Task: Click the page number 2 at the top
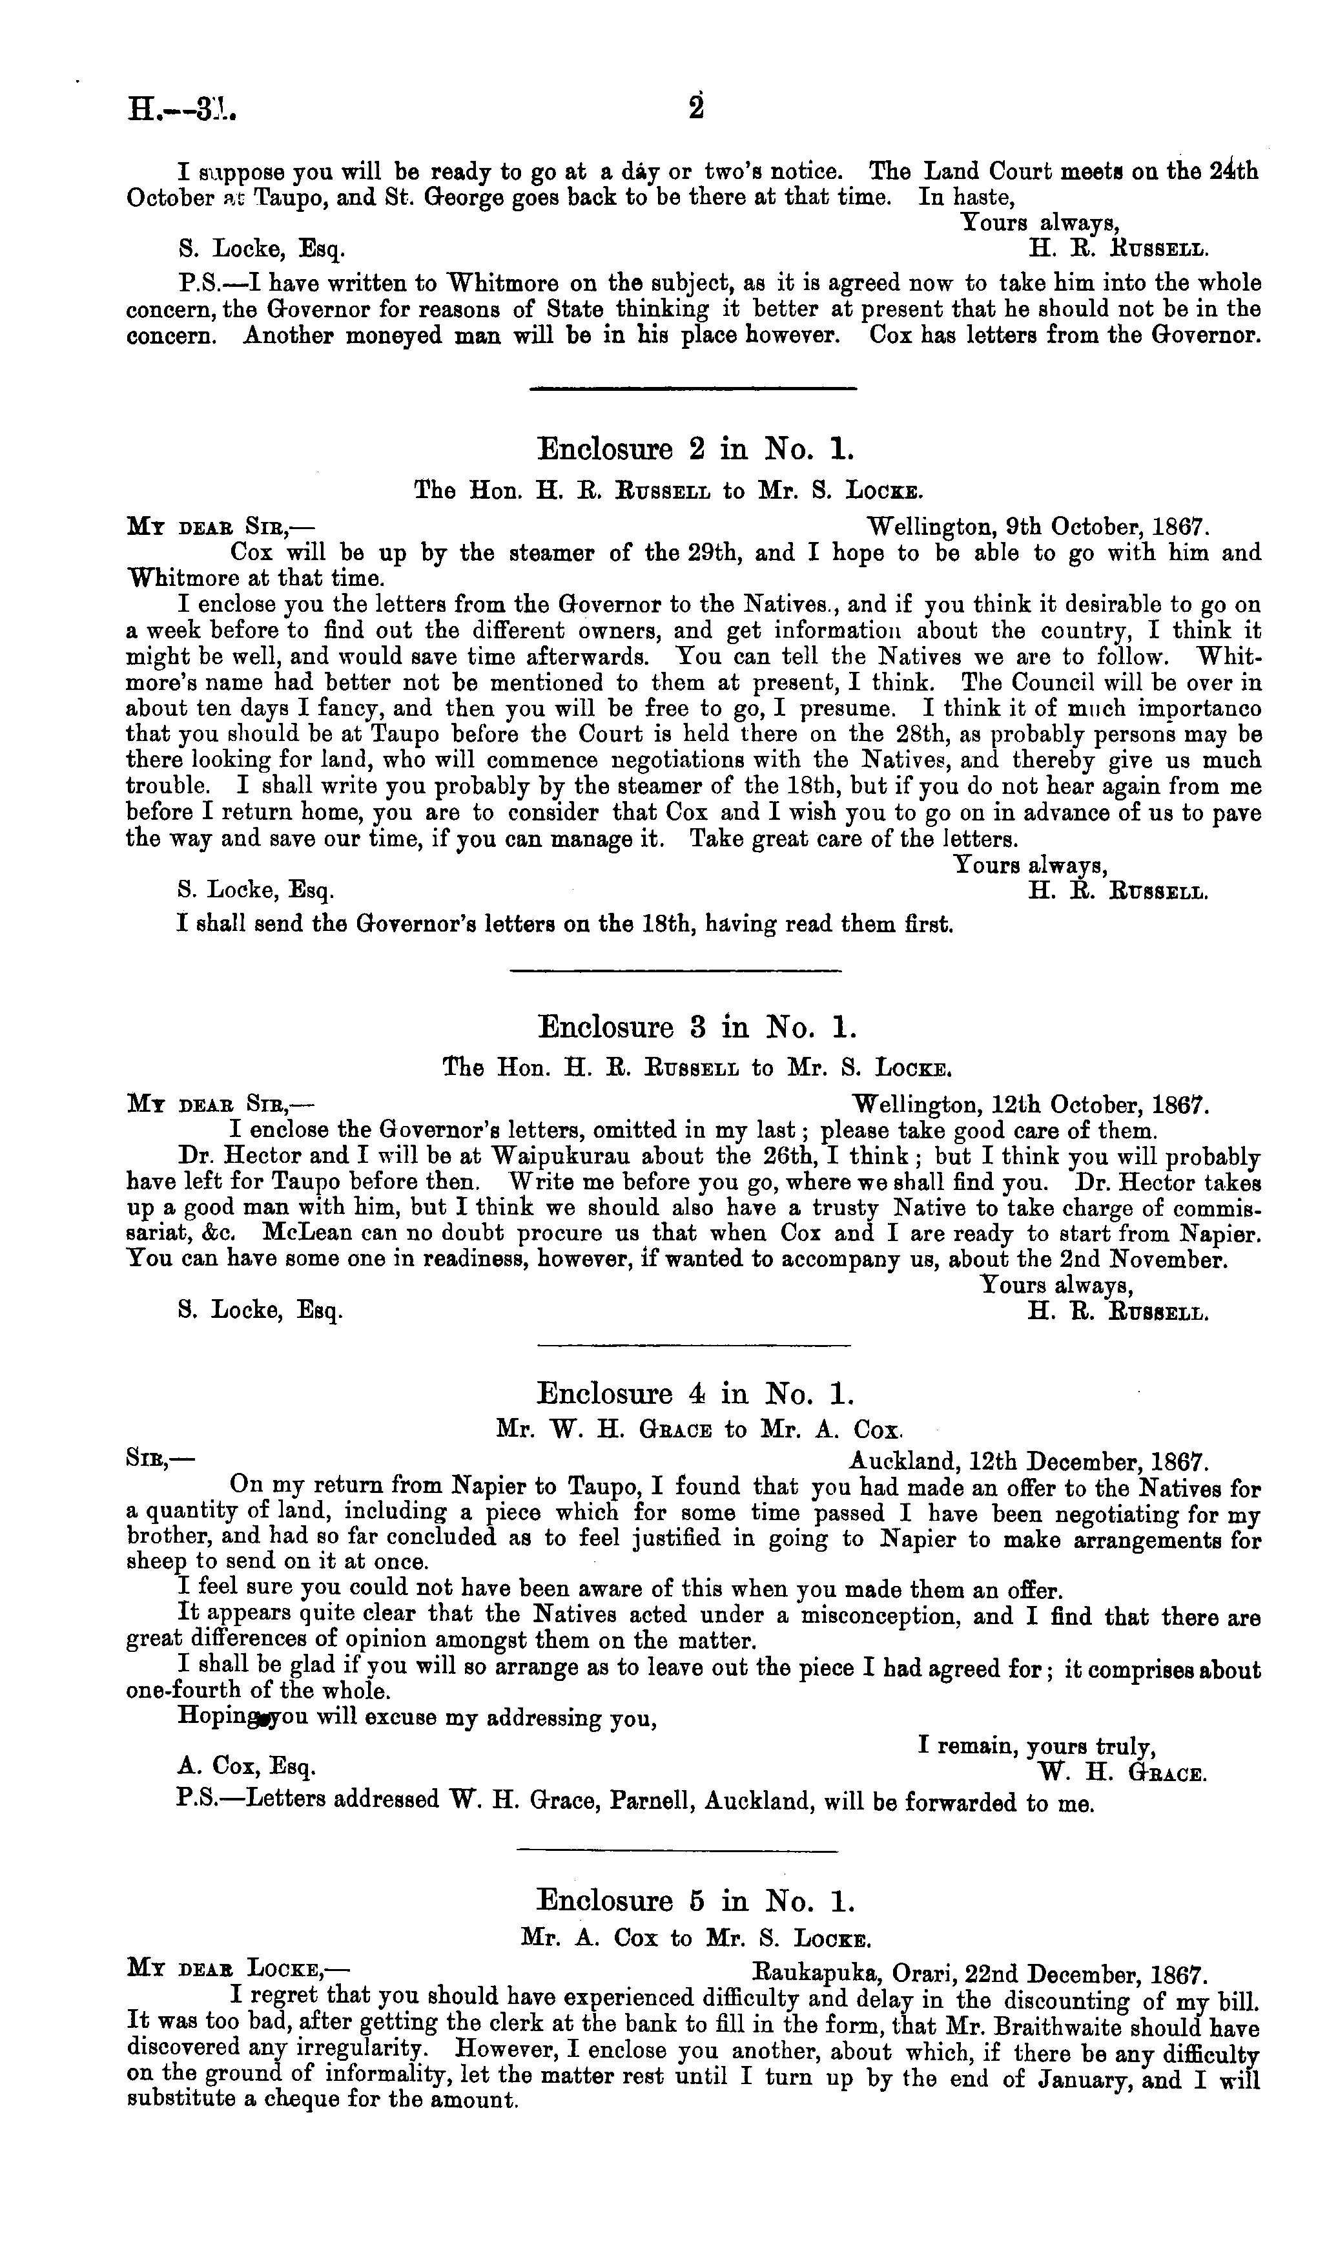point(697,107)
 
